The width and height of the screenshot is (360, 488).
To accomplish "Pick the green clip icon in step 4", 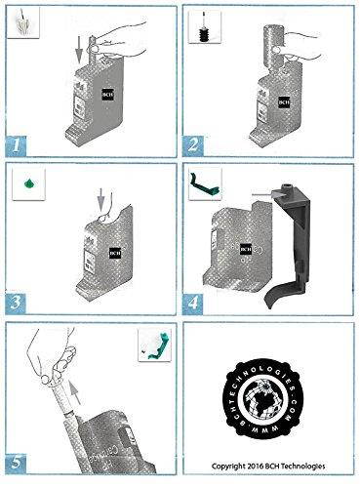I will point(205,181).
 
